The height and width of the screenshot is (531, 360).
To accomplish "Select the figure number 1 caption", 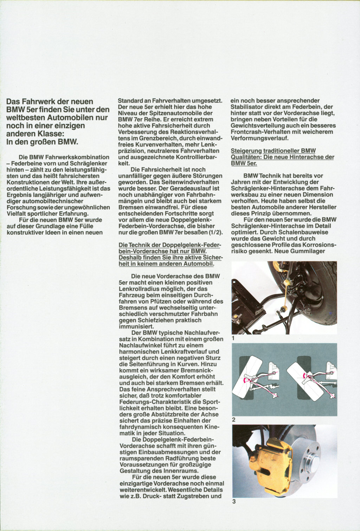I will pos(233,338).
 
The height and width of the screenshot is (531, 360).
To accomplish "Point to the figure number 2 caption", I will pos(234,420).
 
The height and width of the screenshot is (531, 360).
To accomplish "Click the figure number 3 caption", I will pos(234,501).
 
